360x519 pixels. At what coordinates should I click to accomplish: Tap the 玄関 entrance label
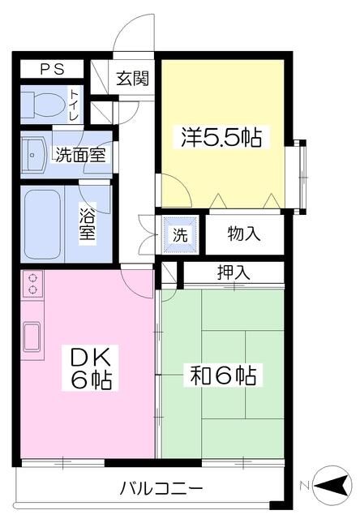[132, 79]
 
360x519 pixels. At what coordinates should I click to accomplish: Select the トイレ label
[75, 105]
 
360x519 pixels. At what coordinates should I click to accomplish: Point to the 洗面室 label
[79, 154]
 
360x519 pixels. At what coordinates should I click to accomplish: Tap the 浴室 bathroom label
[88, 222]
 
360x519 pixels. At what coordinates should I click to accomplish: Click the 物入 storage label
[243, 234]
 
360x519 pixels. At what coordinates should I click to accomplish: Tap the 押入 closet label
[234, 272]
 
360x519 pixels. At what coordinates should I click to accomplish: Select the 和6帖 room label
[224, 375]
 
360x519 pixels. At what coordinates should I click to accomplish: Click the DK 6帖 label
[90, 367]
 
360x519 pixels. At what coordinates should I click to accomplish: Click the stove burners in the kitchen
[33, 283]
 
